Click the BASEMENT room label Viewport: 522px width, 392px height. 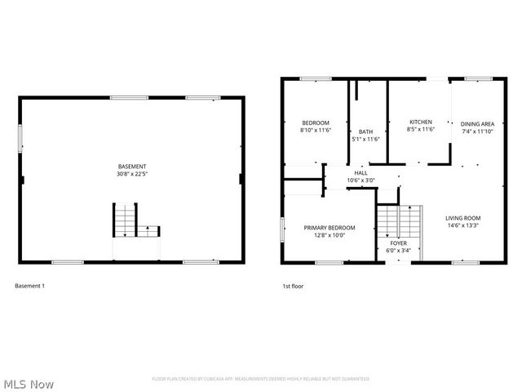pos(131,166)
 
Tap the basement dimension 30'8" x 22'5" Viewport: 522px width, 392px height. pos(131,173)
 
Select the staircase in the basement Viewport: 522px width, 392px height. pos(124,220)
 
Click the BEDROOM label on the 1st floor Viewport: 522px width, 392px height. pos(315,122)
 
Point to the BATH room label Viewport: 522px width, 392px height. pos(365,132)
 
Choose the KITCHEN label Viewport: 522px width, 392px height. pos(421,122)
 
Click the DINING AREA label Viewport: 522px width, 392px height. pos(477,123)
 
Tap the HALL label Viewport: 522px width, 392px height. pos(361,173)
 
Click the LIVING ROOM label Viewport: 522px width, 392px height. pos(462,218)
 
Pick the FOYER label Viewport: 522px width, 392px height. pos(398,243)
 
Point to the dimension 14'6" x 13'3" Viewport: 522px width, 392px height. pos(462,225)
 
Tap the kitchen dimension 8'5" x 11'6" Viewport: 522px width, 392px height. pos(421,129)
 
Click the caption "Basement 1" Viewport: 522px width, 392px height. pos(30,286)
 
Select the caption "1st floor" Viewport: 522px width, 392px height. pos(293,286)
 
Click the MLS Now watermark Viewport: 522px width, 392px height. pos(29,383)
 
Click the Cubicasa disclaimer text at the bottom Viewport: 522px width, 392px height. pos(260,379)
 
